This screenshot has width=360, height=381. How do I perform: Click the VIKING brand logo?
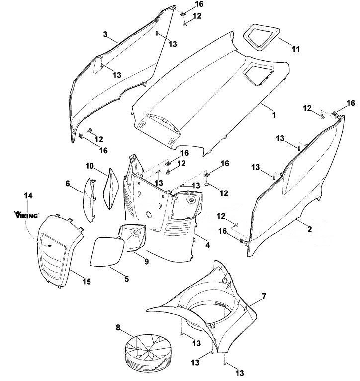26,215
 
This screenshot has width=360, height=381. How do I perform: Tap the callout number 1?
274,115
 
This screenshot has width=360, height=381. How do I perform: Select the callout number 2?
309,229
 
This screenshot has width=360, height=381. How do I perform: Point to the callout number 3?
105,34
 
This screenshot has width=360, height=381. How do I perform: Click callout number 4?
207,245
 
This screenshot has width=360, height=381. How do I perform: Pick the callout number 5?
127,279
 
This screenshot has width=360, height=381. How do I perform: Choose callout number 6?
68,183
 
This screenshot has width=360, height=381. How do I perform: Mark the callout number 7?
264,296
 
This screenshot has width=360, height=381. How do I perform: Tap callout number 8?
118,328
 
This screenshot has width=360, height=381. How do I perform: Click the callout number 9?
146,261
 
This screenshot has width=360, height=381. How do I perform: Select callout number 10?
90,166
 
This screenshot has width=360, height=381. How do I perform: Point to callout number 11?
296,49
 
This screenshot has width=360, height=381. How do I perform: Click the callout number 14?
28,195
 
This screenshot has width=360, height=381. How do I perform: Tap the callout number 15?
87,282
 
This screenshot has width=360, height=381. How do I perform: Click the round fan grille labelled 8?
147,351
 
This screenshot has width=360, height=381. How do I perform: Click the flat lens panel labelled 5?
107,252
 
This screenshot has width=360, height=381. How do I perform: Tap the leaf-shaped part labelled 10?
111,189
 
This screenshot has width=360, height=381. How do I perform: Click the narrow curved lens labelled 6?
89,200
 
